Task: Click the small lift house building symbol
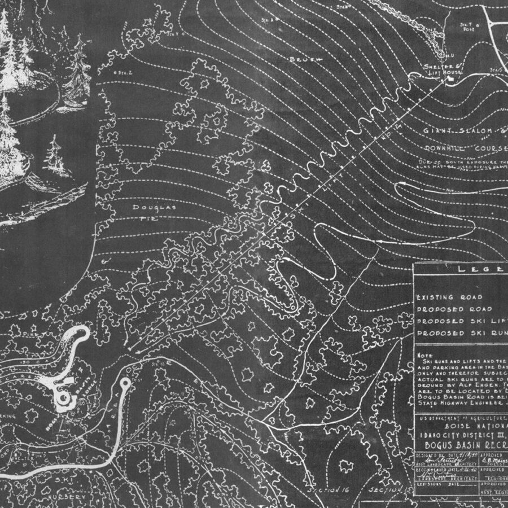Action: pyautogui.click(x=451, y=80)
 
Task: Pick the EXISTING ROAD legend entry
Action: pyautogui.click(x=450, y=297)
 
